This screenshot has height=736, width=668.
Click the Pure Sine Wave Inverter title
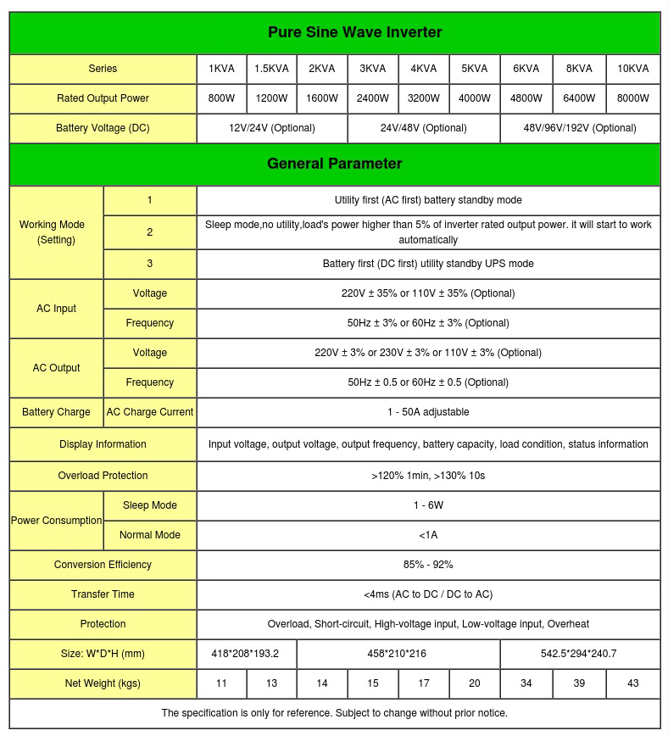(354, 33)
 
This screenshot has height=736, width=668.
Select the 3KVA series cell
(373, 69)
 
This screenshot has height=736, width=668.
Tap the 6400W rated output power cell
(579, 98)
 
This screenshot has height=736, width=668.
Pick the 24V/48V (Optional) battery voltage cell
(424, 128)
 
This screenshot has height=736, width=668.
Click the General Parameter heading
(334, 164)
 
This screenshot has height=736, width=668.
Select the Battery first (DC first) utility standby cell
(428, 264)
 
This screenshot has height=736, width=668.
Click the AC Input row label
(56, 309)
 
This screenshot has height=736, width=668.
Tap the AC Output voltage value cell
(428, 353)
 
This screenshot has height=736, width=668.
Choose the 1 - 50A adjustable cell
(428, 412)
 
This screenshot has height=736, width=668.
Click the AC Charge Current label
(150, 412)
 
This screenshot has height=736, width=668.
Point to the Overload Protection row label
(103, 476)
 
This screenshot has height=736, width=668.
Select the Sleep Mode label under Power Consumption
(150, 505)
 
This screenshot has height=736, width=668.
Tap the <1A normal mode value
(428, 535)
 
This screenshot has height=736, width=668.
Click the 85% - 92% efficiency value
(428, 565)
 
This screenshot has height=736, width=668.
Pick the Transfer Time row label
(103, 594)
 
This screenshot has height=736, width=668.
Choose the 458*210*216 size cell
(398, 654)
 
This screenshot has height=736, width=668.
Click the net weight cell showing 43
(633, 683)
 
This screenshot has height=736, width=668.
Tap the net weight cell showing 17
(424, 683)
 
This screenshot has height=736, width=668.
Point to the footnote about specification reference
(334, 713)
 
